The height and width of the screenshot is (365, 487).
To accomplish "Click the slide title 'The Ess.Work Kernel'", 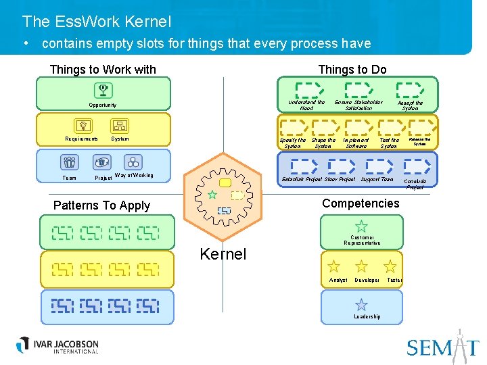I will [97, 22].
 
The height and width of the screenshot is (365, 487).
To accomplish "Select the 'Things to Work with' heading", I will [103, 70].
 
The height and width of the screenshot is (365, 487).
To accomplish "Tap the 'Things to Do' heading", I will [352, 70].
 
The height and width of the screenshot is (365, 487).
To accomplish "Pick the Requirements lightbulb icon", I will [83, 126].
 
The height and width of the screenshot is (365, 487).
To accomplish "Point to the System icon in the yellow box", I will [120, 126].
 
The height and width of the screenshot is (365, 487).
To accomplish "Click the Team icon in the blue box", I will [70, 162].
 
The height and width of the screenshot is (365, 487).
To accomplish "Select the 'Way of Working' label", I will [134, 176].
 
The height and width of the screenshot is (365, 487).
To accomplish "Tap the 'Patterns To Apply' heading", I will [102, 205].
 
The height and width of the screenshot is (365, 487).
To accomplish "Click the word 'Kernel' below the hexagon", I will [223, 254].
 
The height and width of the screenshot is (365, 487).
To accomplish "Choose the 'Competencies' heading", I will [361, 203].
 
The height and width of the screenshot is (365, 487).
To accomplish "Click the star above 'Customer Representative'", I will [362, 226].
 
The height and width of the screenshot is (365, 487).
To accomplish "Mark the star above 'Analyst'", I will [334, 266].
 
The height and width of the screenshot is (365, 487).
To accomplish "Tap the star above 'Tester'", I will [390, 266].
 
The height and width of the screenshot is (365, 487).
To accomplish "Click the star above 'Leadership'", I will [362, 305].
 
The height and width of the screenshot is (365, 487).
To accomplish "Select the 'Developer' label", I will [367, 280].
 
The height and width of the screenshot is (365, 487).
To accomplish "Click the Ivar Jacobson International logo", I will [58, 345].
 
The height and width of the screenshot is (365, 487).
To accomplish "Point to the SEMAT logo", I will [442, 346].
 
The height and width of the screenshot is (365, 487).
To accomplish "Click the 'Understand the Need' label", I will [306, 105].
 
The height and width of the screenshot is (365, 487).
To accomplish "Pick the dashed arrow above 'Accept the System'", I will [409, 89].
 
